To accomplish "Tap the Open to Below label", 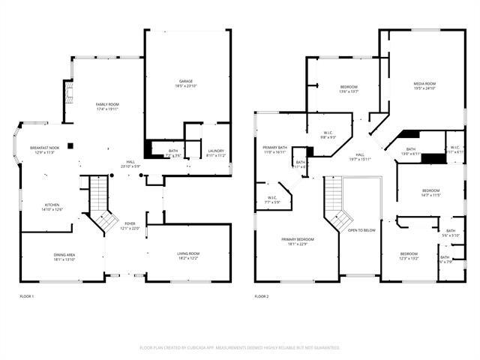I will click(361, 230).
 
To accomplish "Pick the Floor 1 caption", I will click(27, 297).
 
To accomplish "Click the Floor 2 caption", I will click(261, 297).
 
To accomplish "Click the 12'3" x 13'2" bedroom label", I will click(409, 256).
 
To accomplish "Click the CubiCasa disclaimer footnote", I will click(240, 348).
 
